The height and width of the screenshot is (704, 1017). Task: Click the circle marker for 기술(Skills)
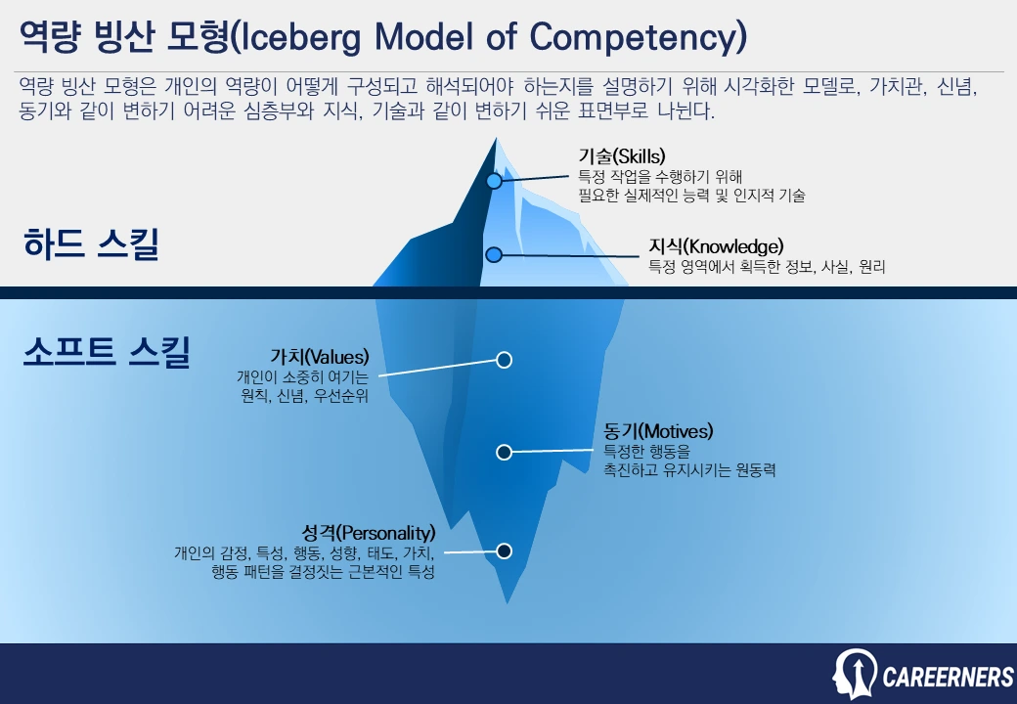click(x=494, y=181)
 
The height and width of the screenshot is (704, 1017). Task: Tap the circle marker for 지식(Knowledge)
click(x=494, y=254)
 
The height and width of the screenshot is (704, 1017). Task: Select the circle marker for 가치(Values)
click(x=504, y=360)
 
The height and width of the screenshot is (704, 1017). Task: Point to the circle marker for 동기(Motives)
click(x=504, y=452)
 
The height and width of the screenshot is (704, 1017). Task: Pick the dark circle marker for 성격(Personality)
click(x=504, y=551)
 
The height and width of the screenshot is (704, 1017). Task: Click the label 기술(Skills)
click(x=621, y=156)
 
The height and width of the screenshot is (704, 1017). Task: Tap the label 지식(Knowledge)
click(x=716, y=245)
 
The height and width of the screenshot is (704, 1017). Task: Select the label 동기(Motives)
click(x=658, y=431)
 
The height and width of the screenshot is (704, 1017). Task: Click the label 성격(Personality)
click(x=369, y=533)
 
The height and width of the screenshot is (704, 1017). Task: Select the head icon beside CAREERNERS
click(x=855, y=674)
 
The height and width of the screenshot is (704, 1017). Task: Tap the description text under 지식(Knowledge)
click(x=767, y=266)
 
